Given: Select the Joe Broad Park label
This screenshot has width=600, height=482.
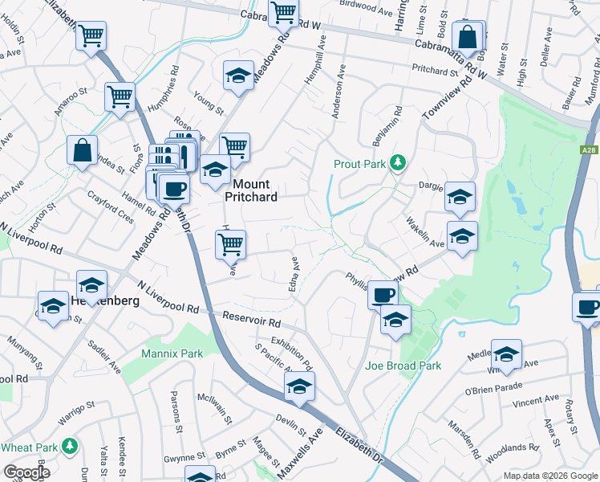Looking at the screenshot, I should tap(403, 366).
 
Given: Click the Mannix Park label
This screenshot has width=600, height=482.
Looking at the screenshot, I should tap(172, 353).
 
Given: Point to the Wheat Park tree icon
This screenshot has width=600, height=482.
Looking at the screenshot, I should tap(70, 445).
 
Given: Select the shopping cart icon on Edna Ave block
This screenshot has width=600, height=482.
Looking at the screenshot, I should tap(231, 243).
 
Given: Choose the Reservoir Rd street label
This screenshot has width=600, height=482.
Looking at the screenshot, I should tap(252, 319).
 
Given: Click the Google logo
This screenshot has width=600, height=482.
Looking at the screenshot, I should tap(26, 472).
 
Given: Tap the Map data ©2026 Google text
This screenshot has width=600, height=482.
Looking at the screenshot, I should tap(550, 476).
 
